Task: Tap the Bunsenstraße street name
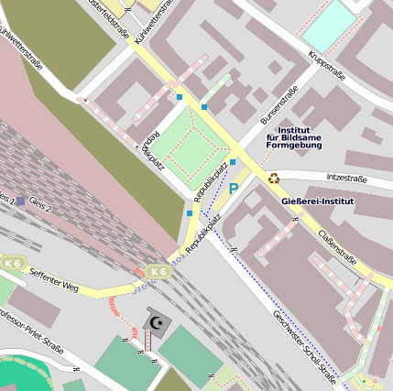click(279, 105)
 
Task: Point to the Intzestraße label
click(346, 178)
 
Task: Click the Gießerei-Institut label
click(317, 199)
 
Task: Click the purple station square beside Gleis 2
click(20, 200)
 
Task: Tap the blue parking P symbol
click(234, 189)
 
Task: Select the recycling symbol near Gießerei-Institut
click(273, 178)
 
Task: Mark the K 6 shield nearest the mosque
click(158, 272)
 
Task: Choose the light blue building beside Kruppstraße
click(329, 26)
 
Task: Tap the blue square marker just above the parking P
click(233, 162)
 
